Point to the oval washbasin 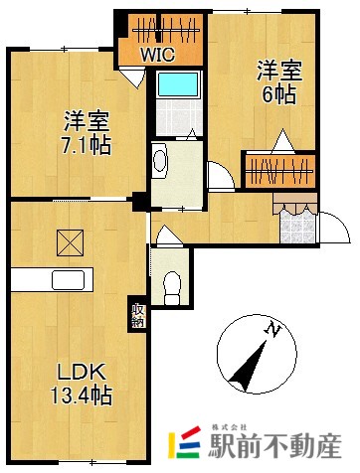161,158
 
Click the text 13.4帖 82,395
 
